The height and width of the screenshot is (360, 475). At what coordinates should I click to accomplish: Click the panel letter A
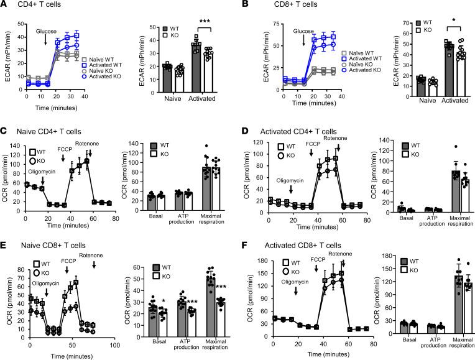pos(5,6)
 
